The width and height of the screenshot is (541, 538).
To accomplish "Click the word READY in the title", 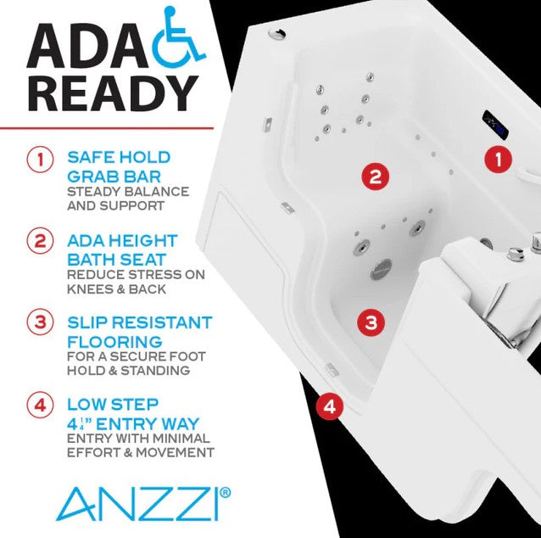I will click(111, 93).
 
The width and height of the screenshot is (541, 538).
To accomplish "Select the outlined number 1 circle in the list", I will click(40, 159).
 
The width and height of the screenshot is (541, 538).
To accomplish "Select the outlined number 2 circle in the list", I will click(40, 240).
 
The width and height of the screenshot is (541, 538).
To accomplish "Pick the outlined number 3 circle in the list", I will click(40, 322).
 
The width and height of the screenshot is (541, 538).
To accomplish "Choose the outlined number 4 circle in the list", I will click(40, 404).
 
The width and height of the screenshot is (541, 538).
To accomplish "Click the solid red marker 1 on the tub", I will click(499, 158).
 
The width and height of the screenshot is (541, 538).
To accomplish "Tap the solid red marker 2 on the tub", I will click(376, 177).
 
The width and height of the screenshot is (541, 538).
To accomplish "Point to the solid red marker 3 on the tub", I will click(371, 322).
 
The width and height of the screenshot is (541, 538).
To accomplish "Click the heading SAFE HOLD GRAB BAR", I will click(119, 166).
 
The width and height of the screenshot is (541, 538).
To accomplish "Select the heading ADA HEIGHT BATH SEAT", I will click(122, 249).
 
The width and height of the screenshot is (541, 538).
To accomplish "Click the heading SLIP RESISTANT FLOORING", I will click(139, 331).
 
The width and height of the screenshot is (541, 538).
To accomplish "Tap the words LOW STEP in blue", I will click(112, 404).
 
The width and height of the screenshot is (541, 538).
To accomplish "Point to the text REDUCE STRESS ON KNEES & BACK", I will click(135, 283).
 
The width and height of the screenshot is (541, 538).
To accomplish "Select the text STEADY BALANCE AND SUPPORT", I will click(127, 199).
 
